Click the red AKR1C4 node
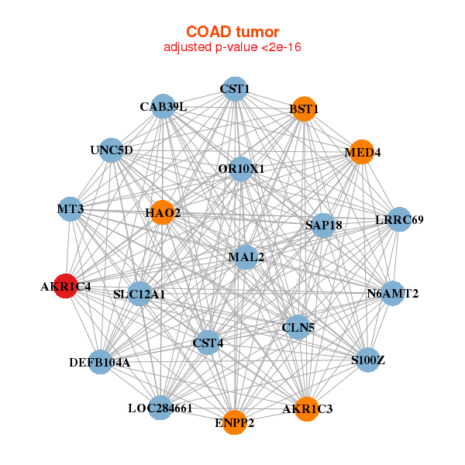pyautogui.click(x=66, y=286)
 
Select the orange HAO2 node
pyautogui.click(x=163, y=212)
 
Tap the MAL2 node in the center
pyautogui.click(x=246, y=257)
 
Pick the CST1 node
pyautogui.click(x=235, y=89)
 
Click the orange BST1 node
pyautogui.click(x=304, y=108)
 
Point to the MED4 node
pyautogui.click(x=362, y=152)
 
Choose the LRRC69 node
pyautogui.click(x=399, y=219)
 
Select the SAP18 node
pyautogui.click(x=323, y=226)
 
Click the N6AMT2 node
pyautogui.click(x=393, y=293)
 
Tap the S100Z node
pyautogui.click(x=367, y=360)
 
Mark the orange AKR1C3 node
pyautogui.click(x=307, y=409)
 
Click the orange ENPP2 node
pyautogui.click(x=235, y=422)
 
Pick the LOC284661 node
pyautogui.click(x=160, y=408)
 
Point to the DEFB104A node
pyautogui.click(x=100, y=362)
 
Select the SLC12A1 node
pyautogui.click(x=139, y=294)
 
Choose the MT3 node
pyautogui.click(x=71, y=209)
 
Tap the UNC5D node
pyautogui.click(x=111, y=150)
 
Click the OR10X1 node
pyautogui.click(x=241, y=169)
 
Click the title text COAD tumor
pyautogui.click(x=232, y=32)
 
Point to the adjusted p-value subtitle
pyautogui.click(x=232, y=47)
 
